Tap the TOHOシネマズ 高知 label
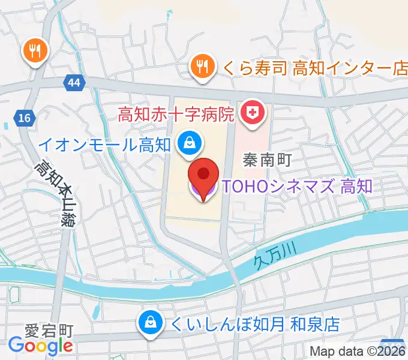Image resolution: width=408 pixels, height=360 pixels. click(297, 187)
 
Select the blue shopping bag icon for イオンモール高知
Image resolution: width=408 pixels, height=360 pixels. click(190, 143)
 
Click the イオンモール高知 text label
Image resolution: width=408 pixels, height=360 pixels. click(104, 144)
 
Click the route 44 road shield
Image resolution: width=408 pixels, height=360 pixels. click(73, 85)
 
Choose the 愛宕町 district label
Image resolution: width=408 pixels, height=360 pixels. click(49, 331)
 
